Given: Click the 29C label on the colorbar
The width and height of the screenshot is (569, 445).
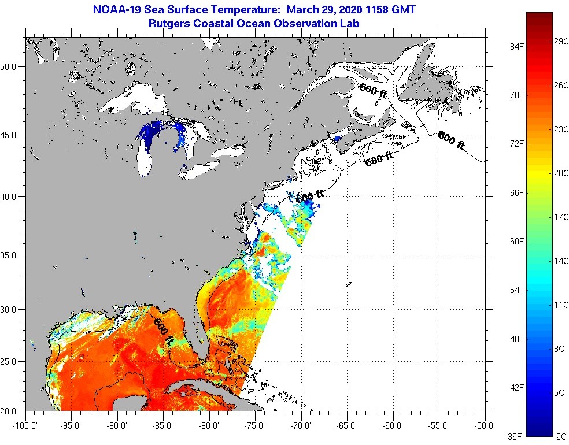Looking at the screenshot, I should (560, 42).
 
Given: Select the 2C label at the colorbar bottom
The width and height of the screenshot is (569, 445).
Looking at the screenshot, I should (560, 436).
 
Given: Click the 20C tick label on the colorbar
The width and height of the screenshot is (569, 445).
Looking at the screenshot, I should (560, 173).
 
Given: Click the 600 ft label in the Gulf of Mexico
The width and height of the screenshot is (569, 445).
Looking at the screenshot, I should (164, 332).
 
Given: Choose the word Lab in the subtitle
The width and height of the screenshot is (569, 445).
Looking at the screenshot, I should (350, 24).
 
